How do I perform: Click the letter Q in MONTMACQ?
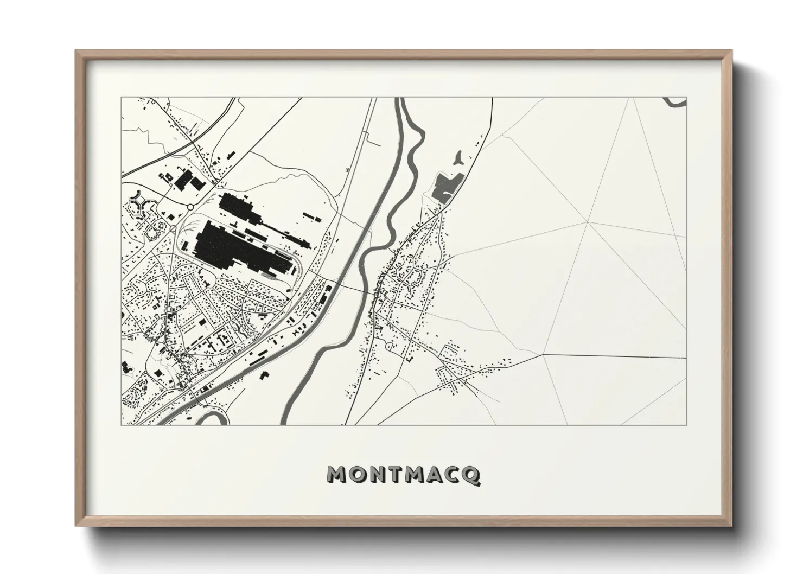pos(471,475)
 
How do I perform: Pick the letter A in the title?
pos(435,475)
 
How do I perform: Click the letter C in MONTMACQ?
pos(453,475)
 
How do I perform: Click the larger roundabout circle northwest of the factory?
pos(190,207)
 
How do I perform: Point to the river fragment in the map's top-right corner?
pos(675,101)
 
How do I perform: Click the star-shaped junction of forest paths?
pos(588,222)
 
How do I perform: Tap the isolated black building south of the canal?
pos(265,375)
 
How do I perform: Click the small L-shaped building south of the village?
pos(410,359)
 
